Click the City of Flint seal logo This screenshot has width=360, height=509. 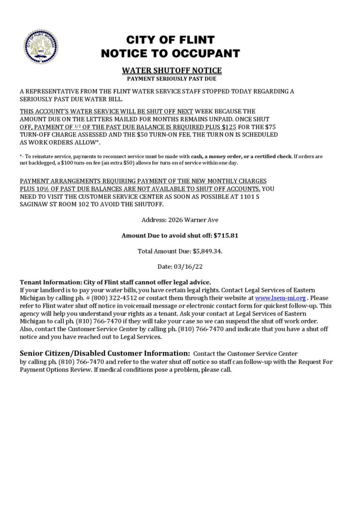click(x=41, y=46)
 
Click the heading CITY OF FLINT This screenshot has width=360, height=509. click(x=170, y=40)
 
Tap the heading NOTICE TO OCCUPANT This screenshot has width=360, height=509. click(x=170, y=53)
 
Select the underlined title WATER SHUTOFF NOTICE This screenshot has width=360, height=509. click(x=172, y=71)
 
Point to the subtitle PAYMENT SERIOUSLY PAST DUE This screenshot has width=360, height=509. click(x=172, y=79)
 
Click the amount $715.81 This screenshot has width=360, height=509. click(x=226, y=235)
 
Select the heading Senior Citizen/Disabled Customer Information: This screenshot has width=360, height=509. click(x=104, y=353)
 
